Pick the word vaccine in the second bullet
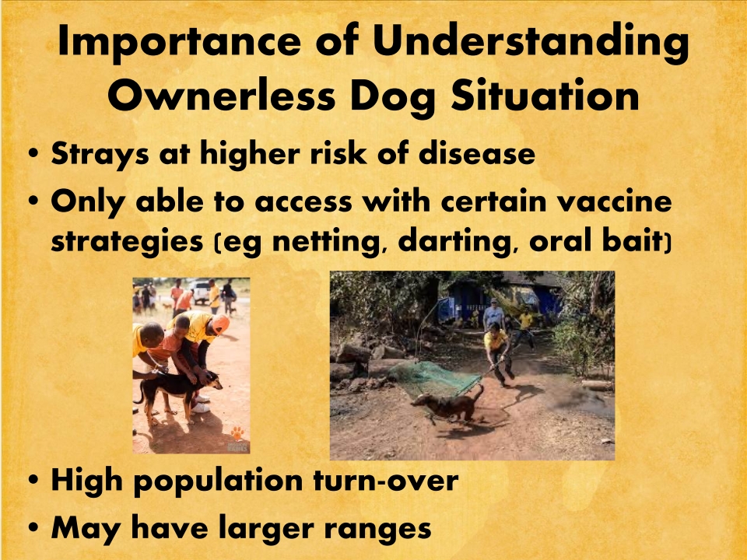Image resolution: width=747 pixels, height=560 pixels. (x=614, y=201)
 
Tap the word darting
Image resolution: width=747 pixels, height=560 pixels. (x=454, y=242)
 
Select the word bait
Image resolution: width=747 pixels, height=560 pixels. (x=633, y=240)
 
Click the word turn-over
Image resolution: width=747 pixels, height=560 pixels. (x=386, y=481)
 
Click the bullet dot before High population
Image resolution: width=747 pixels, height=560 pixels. (x=33, y=480)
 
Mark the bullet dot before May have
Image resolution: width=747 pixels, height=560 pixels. (x=33, y=528)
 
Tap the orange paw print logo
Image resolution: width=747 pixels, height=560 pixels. (x=237, y=433)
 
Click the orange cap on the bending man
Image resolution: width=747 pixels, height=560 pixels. (x=220, y=324)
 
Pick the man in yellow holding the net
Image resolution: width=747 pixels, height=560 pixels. (x=498, y=353)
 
